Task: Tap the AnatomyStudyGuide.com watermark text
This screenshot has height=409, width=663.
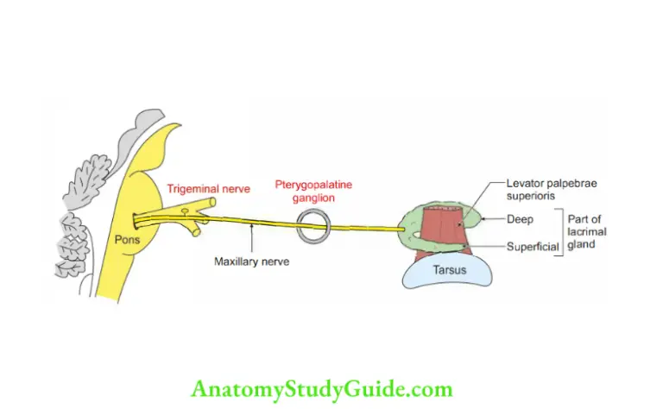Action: point(321,389)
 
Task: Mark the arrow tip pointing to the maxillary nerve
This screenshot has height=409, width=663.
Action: point(249,227)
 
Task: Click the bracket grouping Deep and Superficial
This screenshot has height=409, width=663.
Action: point(562,232)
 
